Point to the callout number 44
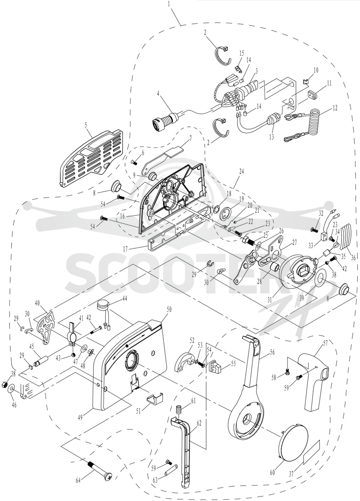pyautogui.click(x=124, y=299)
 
